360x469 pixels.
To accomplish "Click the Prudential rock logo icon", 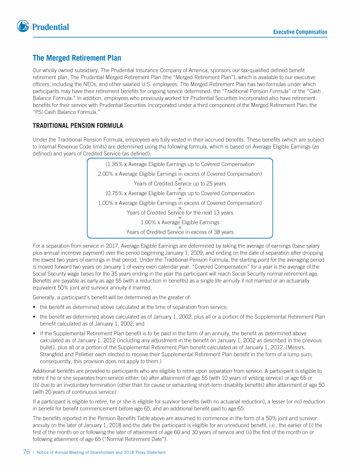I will pos(22,27).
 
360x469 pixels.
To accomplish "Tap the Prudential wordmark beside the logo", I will pos(51,27).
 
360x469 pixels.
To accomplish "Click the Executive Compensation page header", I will pos(300,32).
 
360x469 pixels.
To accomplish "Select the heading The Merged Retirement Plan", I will pos(77,58).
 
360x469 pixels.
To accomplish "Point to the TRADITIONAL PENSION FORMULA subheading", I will pos(78,126).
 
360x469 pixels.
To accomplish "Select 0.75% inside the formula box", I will pos(114,193).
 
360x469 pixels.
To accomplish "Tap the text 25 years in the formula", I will pos(216,184).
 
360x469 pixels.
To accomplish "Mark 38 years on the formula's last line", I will pos(223,232).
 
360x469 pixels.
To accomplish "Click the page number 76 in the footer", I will pos(27,452).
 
